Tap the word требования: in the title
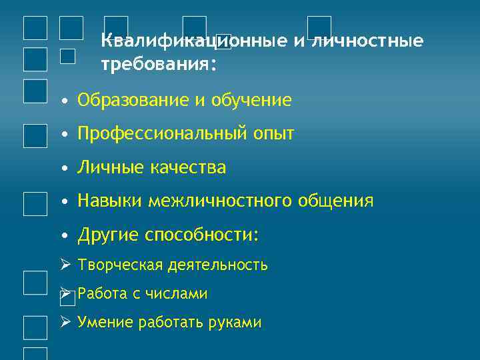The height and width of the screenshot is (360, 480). pos(159,65)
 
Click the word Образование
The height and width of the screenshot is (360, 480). pos(134,101)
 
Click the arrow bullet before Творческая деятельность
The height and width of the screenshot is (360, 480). pos(65,265)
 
